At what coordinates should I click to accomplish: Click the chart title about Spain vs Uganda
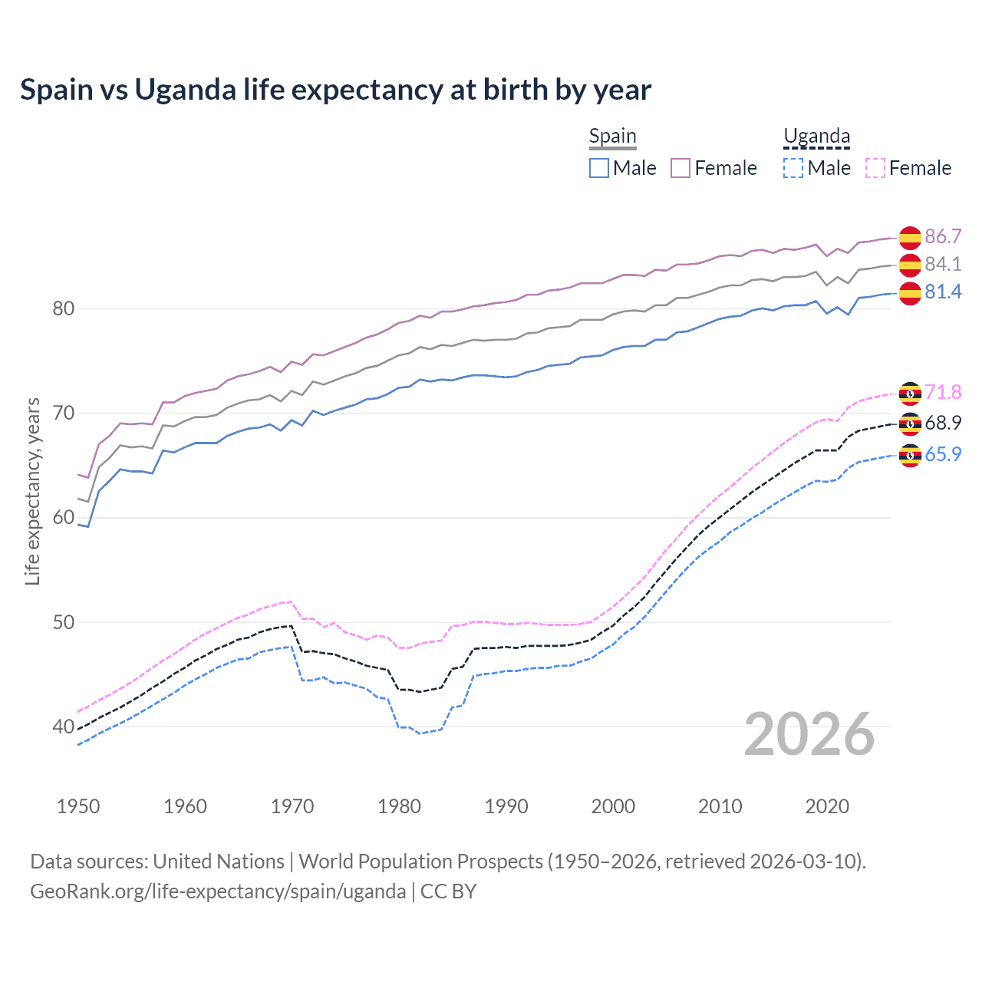pyautogui.click(x=335, y=90)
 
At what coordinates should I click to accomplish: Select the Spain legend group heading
pyautogui.click(x=612, y=137)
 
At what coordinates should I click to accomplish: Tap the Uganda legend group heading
pyautogui.click(x=816, y=137)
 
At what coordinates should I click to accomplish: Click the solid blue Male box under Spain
pyautogui.click(x=599, y=168)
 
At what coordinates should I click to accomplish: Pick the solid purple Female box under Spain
pyautogui.click(x=680, y=168)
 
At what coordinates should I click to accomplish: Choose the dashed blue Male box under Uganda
pyautogui.click(x=793, y=168)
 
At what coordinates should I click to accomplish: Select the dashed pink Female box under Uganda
pyautogui.click(x=875, y=168)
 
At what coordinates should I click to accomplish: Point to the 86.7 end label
pyautogui.click(x=943, y=236)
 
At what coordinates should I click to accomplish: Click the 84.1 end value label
pyautogui.click(x=943, y=264)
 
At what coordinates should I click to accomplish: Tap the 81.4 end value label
pyautogui.click(x=943, y=292)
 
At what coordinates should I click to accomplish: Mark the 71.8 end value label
pyautogui.click(x=943, y=392)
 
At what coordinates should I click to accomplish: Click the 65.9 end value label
pyautogui.click(x=943, y=454)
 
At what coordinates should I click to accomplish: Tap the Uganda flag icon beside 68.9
pyautogui.click(x=910, y=423)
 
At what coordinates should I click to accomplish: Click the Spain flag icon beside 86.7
pyautogui.click(x=910, y=238)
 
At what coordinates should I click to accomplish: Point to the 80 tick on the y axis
pyautogui.click(x=64, y=309)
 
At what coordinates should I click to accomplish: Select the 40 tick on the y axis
pyautogui.click(x=64, y=727)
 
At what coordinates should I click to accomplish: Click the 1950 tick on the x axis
pyautogui.click(x=78, y=806)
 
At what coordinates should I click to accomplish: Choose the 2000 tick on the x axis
pyautogui.click(x=613, y=806)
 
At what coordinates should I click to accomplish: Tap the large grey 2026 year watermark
pyautogui.click(x=809, y=734)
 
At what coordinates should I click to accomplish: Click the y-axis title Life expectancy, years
pyautogui.click(x=32, y=491)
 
